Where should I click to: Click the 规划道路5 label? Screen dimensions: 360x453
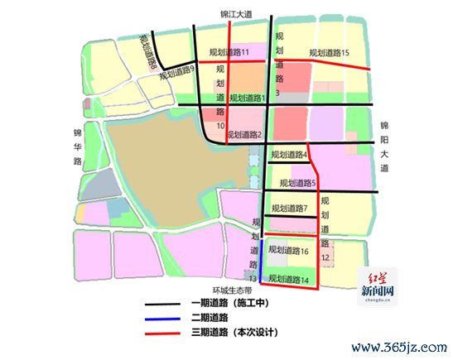click(x=298, y=183)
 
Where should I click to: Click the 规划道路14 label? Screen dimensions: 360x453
click(x=289, y=280)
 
